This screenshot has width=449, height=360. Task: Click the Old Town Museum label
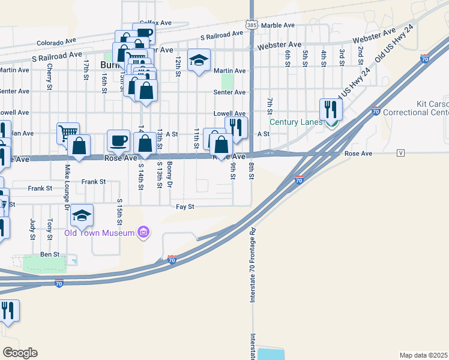99,233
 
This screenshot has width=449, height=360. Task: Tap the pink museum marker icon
143,232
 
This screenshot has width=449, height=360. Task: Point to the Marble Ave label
278,25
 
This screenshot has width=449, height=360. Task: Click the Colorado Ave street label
56,43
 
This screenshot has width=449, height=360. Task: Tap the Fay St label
185,206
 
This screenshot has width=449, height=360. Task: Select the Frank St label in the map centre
94,181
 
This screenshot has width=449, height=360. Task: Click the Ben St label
50,254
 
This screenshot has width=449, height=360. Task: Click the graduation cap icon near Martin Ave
199,61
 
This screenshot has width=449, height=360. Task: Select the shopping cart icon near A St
68,133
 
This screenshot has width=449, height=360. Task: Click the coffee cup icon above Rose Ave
118,140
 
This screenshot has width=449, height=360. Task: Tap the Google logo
20,353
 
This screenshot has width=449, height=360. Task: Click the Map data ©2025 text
423,355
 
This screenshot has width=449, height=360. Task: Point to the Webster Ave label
279,46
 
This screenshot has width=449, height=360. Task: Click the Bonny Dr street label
170,174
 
